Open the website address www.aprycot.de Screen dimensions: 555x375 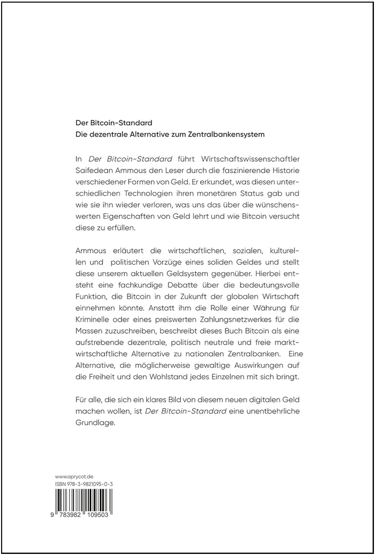(75, 476)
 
